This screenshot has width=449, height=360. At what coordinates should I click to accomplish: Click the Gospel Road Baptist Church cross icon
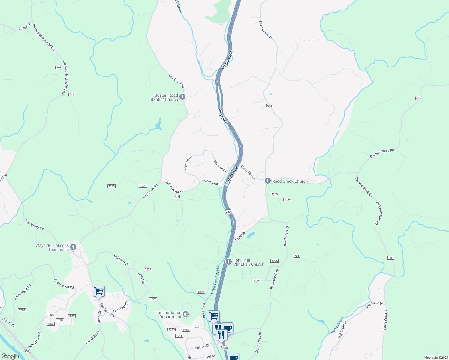(182, 97)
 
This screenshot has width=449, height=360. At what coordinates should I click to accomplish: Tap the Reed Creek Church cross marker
(267, 181)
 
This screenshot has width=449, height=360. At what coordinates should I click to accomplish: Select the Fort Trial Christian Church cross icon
(228, 262)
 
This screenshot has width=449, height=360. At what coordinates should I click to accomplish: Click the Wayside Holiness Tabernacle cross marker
(73, 247)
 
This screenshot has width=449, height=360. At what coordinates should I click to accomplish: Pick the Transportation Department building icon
(186, 314)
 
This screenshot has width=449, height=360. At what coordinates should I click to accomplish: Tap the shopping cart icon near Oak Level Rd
(99, 291)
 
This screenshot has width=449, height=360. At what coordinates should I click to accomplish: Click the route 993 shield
(269, 106)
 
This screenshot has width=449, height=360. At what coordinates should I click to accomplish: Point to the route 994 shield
(59, 67)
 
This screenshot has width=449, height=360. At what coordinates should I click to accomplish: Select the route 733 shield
(71, 94)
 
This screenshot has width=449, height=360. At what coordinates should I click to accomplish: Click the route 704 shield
(297, 256)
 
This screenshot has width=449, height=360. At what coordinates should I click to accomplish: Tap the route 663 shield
(176, 196)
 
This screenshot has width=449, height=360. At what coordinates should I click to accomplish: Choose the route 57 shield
(28, 351)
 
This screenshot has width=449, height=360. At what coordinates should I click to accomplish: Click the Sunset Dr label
(25, 26)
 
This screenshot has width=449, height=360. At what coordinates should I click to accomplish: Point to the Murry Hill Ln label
(248, 172)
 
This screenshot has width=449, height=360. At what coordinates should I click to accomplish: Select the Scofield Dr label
(220, 166)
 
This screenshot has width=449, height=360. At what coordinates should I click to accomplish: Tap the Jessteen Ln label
(188, 163)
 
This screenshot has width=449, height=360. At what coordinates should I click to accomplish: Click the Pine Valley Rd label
(34, 224)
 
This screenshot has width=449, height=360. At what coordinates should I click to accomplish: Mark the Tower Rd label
(240, 236)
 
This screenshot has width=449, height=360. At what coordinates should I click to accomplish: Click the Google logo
(10, 356)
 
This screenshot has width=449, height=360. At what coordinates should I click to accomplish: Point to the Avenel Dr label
(141, 278)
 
